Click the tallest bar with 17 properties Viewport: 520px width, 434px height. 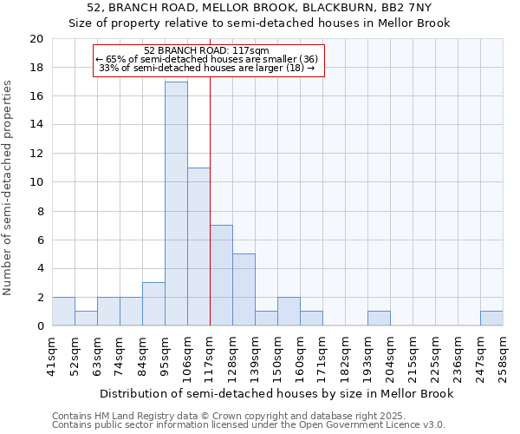click(x=176, y=204)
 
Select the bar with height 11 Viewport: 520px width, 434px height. click(x=198, y=247)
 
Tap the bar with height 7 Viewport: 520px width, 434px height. click(x=221, y=275)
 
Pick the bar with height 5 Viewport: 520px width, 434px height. click(x=244, y=290)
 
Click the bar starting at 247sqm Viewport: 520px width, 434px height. click(x=491, y=319)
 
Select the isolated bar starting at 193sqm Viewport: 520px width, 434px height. click(x=379, y=319)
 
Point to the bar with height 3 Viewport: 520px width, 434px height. click(x=153, y=304)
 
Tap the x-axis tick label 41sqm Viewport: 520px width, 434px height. click(x=53, y=355)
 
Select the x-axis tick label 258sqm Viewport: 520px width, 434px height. click(x=504, y=355)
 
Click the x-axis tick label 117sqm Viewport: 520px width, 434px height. click(x=211, y=355)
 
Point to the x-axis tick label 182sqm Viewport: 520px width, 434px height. click(x=346, y=355)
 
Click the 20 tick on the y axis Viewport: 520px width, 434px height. click(x=36, y=39)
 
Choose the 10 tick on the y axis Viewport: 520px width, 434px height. click(x=36, y=182)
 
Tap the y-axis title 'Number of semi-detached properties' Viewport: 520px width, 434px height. click(x=9, y=187)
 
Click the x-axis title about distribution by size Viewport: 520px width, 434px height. click(x=276, y=394)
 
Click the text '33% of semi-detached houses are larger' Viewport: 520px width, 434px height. click(x=202, y=67)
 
